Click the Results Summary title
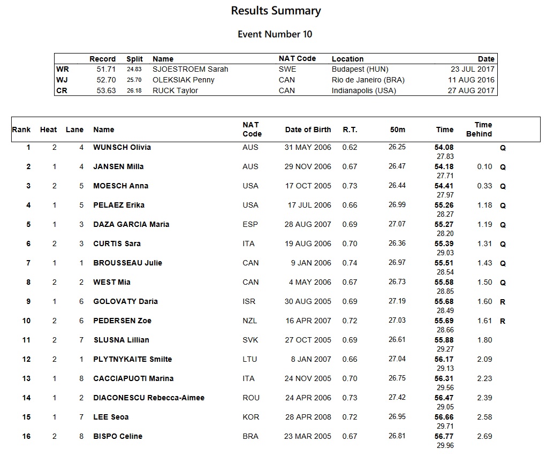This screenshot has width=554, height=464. (276, 11)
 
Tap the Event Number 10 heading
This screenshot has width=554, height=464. (275, 34)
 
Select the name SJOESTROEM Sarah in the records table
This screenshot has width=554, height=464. (190, 69)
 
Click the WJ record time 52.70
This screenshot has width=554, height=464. (106, 80)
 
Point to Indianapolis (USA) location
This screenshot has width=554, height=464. (364, 90)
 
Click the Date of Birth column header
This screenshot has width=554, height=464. (308, 130)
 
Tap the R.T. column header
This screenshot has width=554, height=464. (350, 130)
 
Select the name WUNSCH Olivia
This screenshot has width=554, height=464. (122, 147)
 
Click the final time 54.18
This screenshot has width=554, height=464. (444, 166)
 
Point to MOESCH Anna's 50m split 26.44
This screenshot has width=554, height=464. (397, 186)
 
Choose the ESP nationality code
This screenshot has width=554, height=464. (250, 224)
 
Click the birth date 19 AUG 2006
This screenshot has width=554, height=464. (308, 244)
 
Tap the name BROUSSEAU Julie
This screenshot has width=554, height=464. (127, 263)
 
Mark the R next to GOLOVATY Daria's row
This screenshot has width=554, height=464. (503, 302)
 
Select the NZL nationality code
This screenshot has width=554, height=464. (250, 321)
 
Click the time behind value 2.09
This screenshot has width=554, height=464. (484, 359)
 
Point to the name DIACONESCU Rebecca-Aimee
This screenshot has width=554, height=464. (149, 398)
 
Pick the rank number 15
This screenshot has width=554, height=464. (26, 417)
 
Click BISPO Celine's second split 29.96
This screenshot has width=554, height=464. (445, 445)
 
